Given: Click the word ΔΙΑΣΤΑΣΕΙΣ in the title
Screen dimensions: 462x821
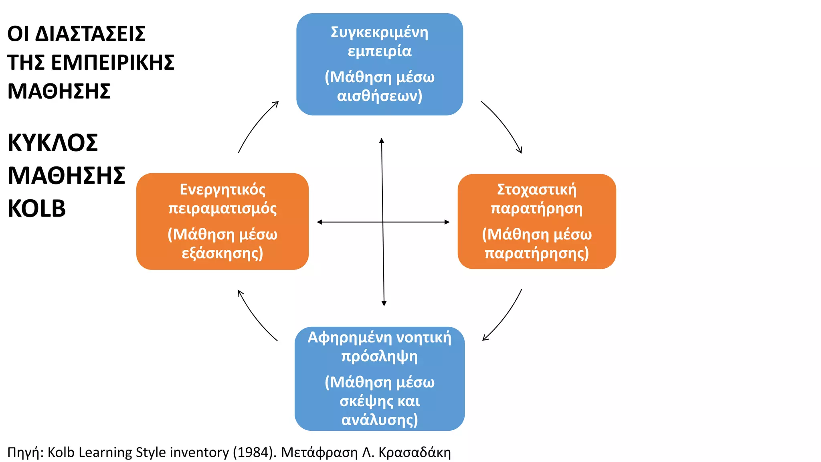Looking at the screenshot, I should pos(90,34).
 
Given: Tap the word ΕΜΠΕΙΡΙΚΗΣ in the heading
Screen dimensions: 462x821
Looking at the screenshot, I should pos(113,63).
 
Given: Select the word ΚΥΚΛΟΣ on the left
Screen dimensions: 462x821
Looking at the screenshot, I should pos(53,143).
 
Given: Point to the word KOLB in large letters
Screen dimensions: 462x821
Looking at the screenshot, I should pos(36,209).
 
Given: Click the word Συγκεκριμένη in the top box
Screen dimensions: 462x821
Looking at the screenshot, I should pos(379,33).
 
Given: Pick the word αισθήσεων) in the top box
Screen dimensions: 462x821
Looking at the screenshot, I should pos(379,96).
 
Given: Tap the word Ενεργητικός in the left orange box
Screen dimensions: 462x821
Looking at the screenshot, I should pos(222,190).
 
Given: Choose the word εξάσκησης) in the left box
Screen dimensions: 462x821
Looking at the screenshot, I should pos(222,253).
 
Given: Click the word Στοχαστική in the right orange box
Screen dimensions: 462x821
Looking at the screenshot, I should pos(537,190).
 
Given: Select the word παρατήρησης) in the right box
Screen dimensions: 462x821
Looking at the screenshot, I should pos(537,253).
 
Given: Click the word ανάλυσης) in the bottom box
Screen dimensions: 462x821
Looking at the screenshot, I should pos(379,420).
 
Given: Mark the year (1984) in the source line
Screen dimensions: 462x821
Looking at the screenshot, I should pos(255,452).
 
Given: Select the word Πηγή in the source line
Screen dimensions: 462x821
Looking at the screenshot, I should pos(24,453).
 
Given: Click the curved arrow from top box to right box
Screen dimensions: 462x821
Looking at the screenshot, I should pos(504,124).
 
